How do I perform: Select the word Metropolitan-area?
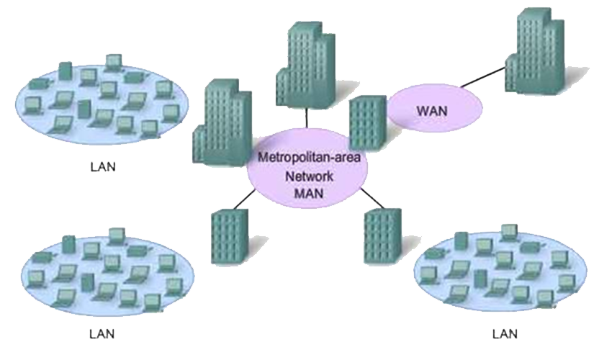coord(307,156)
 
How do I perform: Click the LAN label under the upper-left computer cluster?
coord(103,167)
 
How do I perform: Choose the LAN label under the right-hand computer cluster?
coord(504,334)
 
